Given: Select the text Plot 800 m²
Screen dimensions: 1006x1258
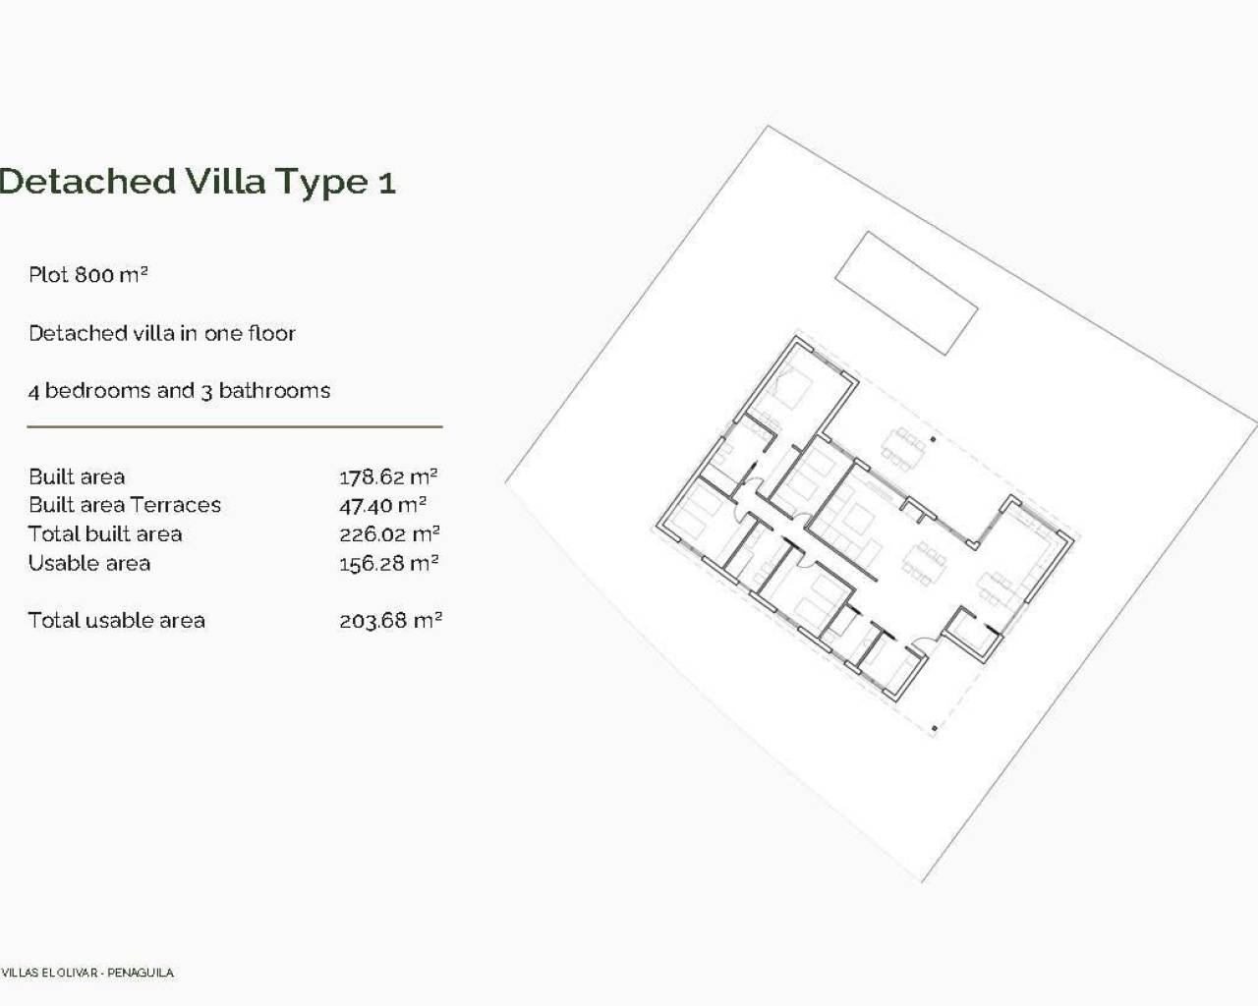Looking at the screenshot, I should tap(87, 275).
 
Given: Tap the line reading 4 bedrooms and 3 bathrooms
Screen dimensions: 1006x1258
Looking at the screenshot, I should tap(179, 391).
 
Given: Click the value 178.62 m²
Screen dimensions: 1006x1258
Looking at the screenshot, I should tap(388, 477).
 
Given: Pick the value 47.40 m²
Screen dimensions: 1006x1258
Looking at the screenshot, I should tap(382, 506).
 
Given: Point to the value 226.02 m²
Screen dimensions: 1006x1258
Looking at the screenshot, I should tap(389, 534).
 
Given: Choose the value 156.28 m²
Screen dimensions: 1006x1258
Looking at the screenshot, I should tap(388, 564).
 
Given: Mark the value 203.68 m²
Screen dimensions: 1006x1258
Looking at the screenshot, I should tap(390, 621).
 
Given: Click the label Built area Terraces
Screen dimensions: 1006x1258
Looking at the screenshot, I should tap(125, 505).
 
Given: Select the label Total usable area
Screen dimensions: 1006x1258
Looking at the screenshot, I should tap(116, 621).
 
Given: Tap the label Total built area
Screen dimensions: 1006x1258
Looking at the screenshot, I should tap(105, 534).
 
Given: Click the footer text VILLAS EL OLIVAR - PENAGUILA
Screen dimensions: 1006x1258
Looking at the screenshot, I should tap(87, 973).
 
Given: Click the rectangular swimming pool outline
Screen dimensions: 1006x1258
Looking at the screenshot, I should tap(906, 293).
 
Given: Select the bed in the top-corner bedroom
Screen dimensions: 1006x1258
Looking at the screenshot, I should tap(791, 391).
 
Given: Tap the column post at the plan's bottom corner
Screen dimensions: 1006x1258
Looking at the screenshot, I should tap(934, 729).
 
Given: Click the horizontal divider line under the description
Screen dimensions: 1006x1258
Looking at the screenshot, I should tap(234, 427).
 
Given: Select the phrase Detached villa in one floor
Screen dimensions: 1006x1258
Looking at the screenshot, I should tap(162, 334).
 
